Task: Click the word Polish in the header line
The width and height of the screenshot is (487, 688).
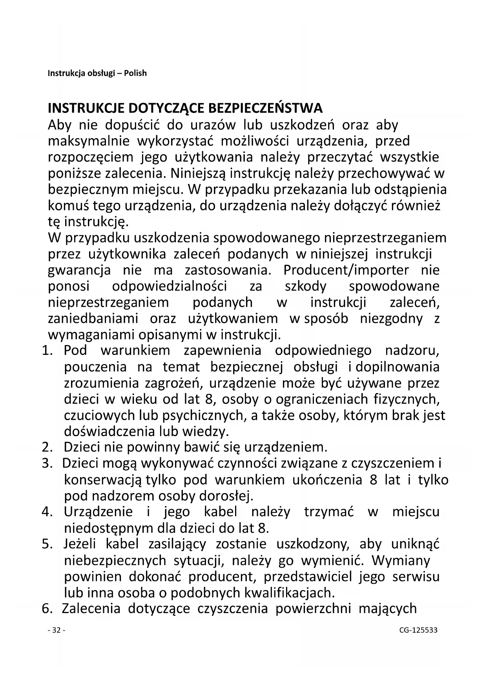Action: tap(135, 73)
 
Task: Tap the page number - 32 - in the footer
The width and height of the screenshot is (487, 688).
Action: tap(56, 630)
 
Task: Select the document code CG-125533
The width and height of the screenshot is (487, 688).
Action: tap(418, 630)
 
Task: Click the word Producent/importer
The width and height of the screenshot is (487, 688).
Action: tap(346, 270)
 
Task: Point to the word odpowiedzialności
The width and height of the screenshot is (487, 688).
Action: tap(170, 286)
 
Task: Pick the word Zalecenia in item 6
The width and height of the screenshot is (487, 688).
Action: tap(91, 608)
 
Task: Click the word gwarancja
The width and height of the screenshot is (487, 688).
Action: tap(79, 271)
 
